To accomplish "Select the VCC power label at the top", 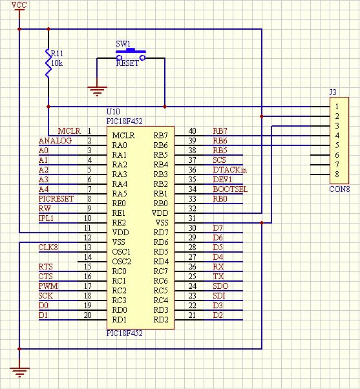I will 20,5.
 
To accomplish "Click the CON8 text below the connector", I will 339,189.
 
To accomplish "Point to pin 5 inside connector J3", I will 337,145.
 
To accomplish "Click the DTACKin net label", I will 230,169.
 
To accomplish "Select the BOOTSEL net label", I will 230,189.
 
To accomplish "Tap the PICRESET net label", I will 56,199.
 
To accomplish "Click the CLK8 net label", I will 48,247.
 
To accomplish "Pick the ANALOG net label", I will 55,140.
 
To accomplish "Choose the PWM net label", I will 48,286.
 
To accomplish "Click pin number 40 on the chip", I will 192,131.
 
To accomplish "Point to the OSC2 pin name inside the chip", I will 122,261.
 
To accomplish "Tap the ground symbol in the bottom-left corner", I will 20,371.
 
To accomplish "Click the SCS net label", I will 220,160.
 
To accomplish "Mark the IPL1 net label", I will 47,218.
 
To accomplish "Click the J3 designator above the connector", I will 334,92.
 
